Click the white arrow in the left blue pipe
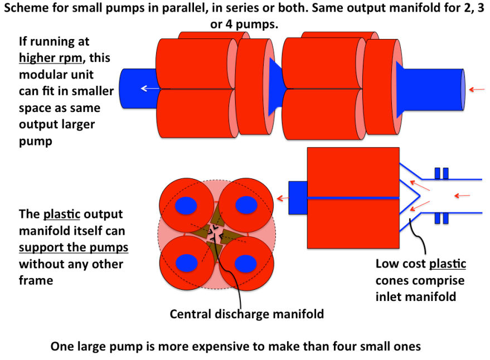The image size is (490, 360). (148, 88)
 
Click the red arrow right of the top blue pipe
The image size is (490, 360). (474, 89)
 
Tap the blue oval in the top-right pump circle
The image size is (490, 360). (246, 205)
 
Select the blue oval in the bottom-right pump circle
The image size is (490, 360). (246, 262)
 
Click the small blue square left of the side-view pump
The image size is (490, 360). (298, 197)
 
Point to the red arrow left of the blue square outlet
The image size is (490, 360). (283, 198)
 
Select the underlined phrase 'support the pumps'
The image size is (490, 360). (74, 247)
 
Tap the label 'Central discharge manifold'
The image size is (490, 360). (246, 314)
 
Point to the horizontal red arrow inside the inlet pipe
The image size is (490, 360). (462, 195)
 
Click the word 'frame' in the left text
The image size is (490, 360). (36, 280)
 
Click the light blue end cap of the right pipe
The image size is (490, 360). (463, 89)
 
